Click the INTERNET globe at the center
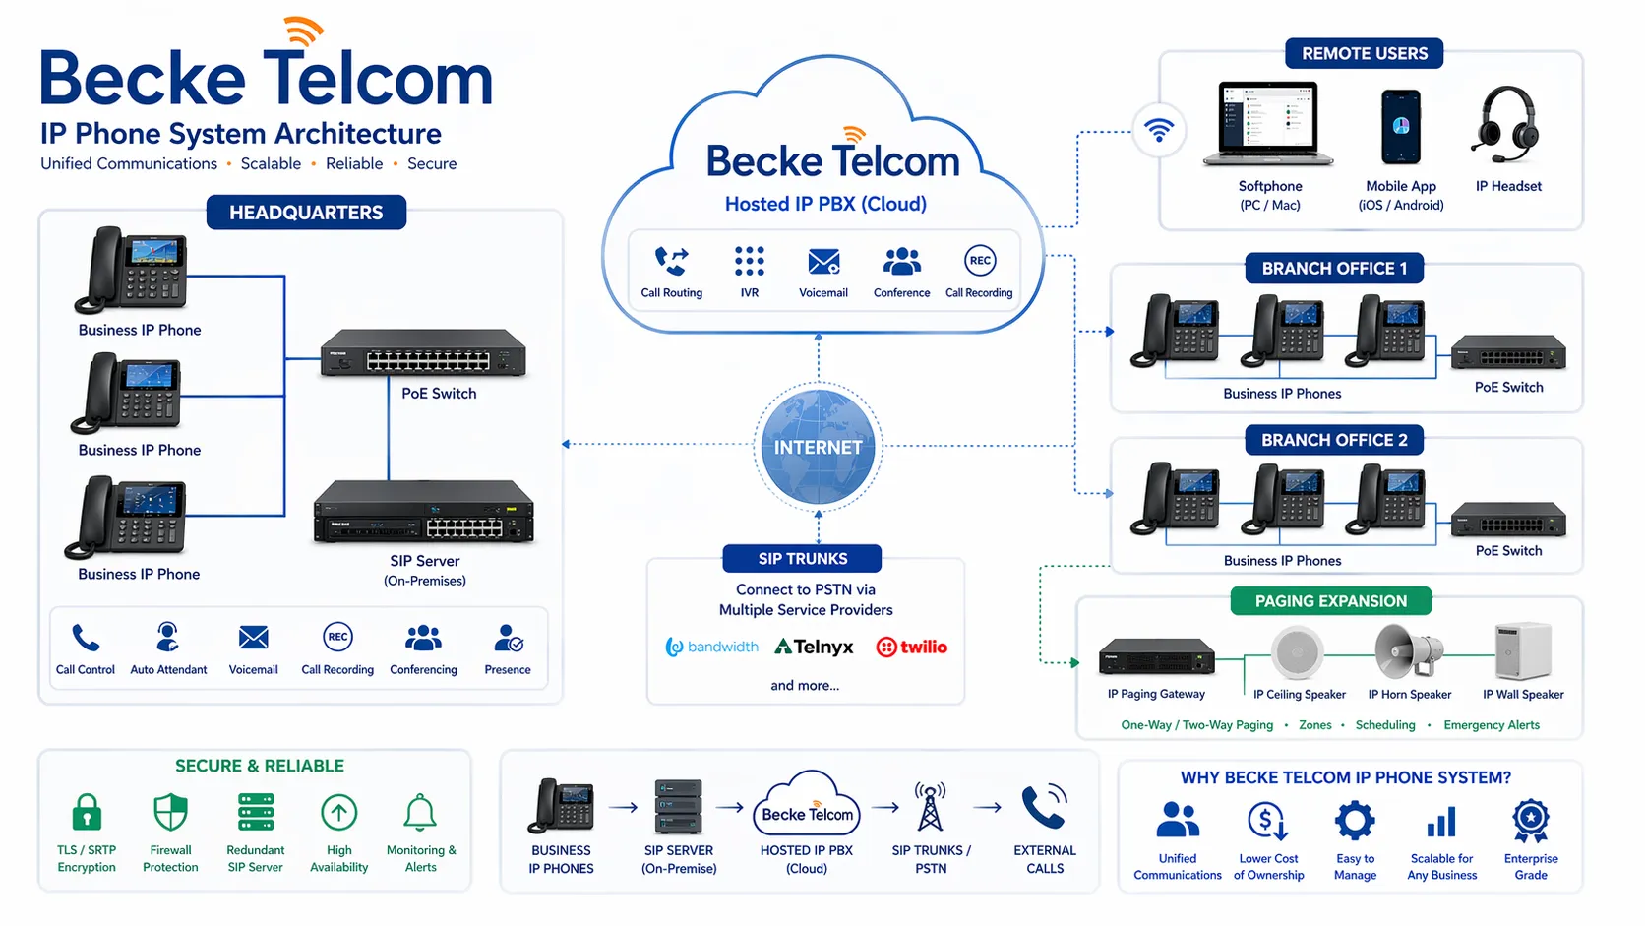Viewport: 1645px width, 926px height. [818, 447]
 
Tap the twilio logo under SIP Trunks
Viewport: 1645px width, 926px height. [912, 647]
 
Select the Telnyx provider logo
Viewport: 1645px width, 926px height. [814, 647]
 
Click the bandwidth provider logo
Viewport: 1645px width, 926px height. [712, 647]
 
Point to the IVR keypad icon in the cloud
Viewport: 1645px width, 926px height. [749, 261]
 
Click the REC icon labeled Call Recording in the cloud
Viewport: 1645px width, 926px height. [980, 261]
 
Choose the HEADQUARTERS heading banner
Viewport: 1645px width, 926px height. [306, 213]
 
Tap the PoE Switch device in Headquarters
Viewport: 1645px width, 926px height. [423, 353]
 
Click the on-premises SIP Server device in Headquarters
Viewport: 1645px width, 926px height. [424, 514]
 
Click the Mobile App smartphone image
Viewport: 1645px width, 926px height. [1401, 127]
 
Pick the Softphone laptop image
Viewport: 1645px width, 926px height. [1269, 124]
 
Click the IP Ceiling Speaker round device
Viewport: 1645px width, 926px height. [1297, 651]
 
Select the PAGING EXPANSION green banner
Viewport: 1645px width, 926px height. [1330, 601]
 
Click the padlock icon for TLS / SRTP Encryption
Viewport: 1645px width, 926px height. [87, 813]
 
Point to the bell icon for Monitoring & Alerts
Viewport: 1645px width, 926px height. [420, 813]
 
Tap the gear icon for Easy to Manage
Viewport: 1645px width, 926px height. [1355, 820]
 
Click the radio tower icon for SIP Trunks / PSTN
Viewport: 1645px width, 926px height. [930, 808]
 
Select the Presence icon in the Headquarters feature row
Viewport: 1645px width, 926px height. [508, 639]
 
